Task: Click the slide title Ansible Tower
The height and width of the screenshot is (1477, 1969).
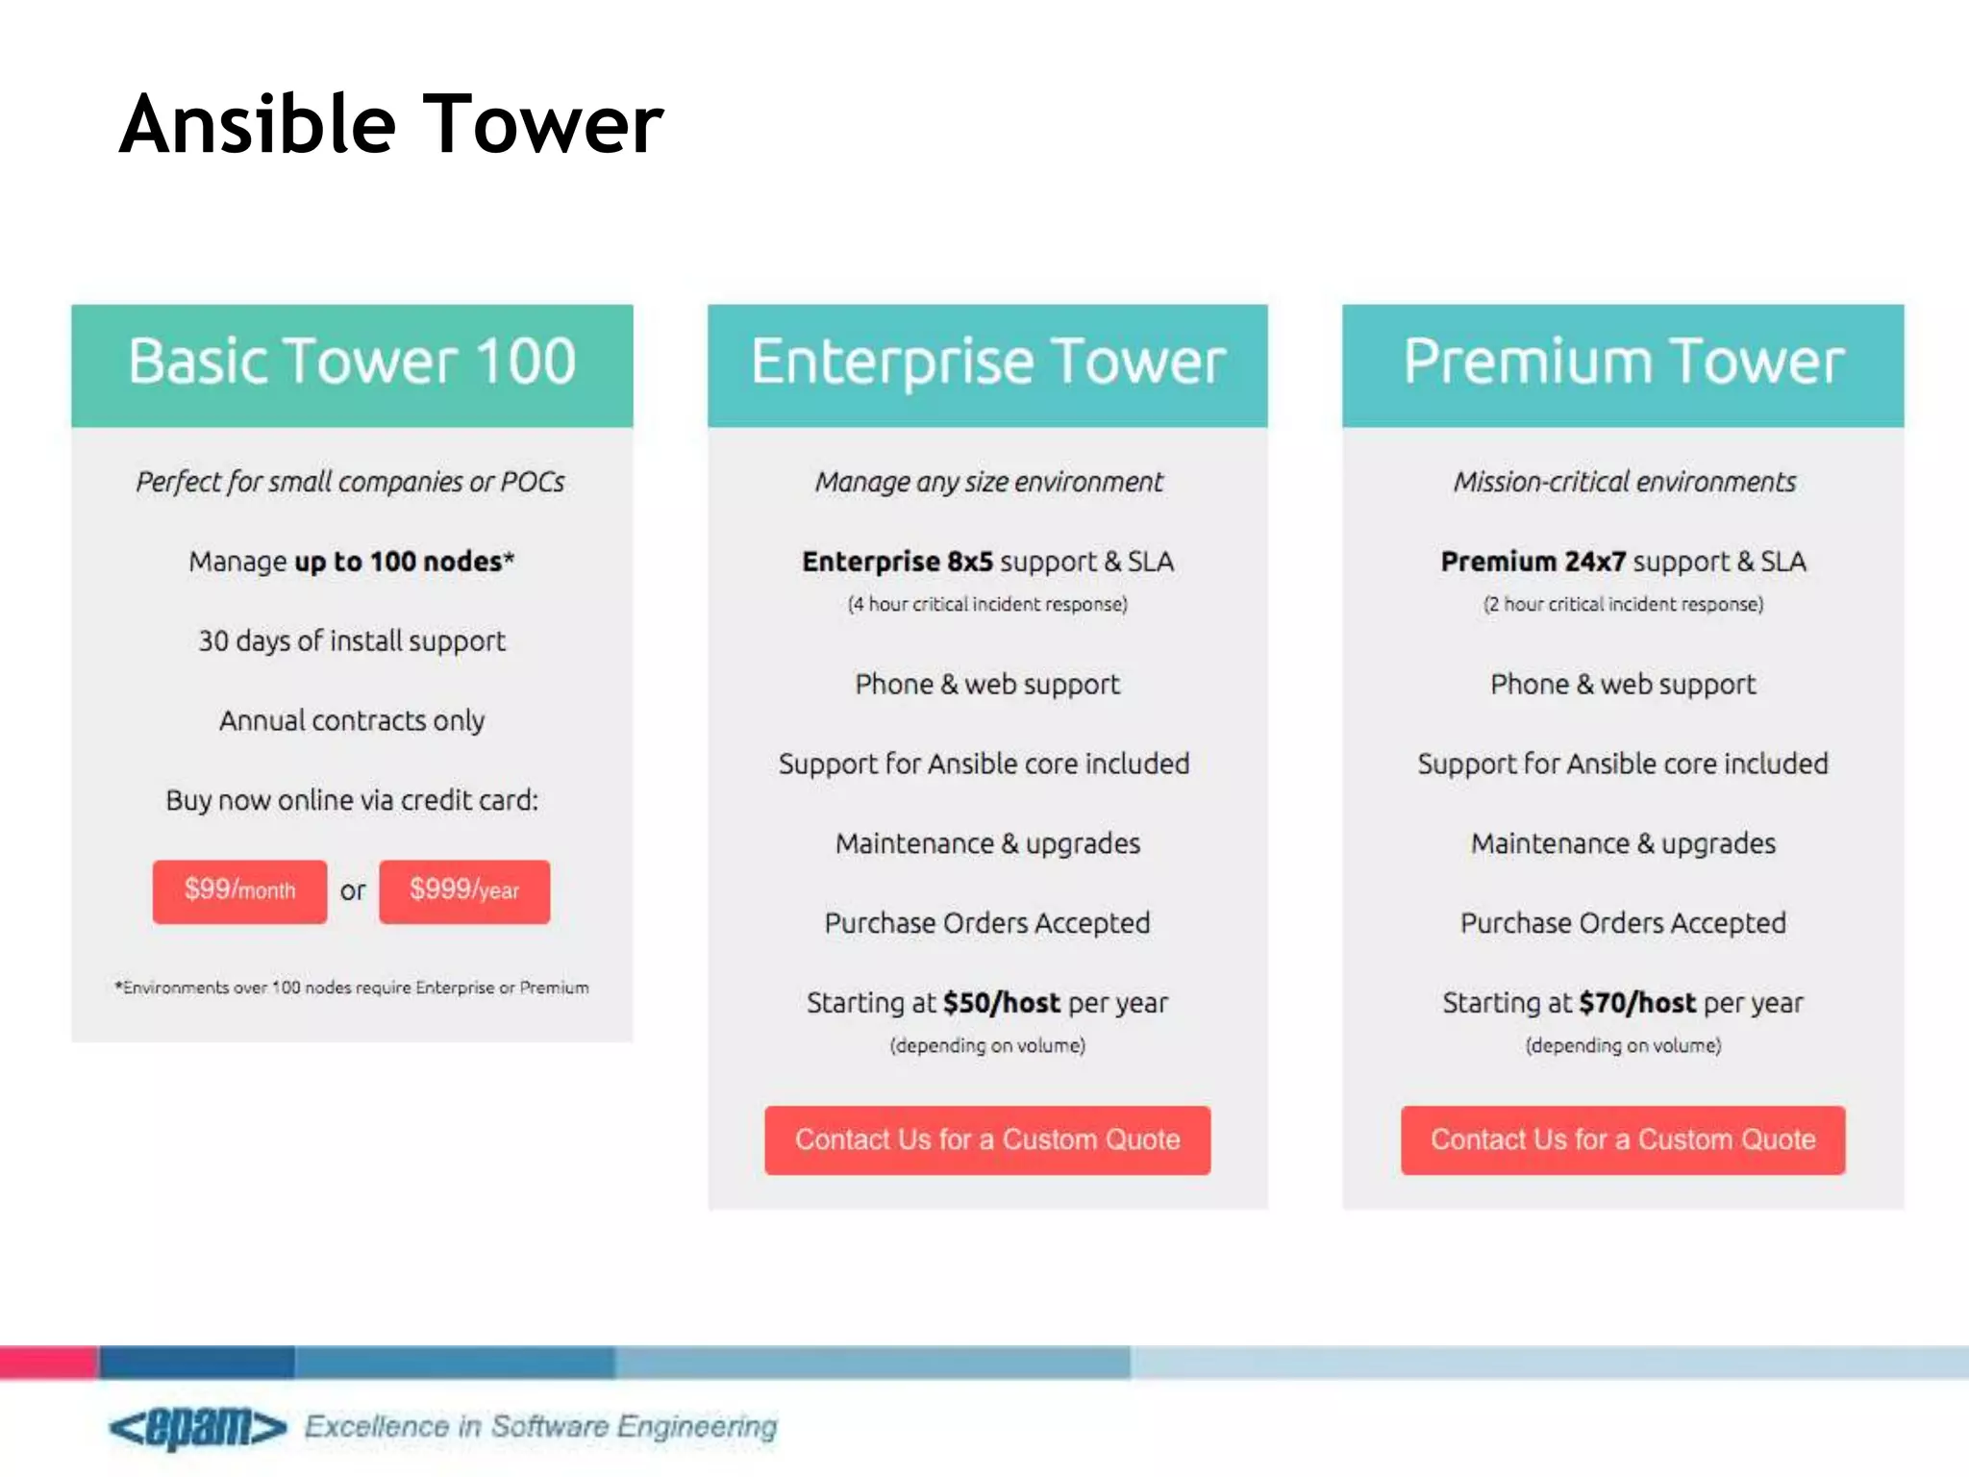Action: (391, 124)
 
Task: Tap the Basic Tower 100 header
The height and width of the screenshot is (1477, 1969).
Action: (352, 362)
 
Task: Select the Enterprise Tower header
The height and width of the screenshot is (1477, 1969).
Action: (987, 362)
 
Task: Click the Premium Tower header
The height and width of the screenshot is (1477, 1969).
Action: (1623, 362)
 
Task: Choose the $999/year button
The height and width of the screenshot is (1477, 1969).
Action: (464, 890)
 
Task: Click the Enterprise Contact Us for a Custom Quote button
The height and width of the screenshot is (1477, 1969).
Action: (987, 1139)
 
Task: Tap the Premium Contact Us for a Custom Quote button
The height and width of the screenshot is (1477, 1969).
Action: (1623, 1139)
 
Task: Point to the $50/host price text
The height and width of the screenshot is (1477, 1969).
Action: (1001, 1003)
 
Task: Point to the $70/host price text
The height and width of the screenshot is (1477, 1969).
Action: (1637, 1003)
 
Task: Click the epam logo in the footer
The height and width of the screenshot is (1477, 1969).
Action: (198, 1426)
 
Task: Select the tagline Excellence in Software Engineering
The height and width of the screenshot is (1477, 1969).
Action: (540, 1426)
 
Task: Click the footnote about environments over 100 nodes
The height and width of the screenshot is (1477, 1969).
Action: (352, 988)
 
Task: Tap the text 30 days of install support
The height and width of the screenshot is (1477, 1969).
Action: (352, 640)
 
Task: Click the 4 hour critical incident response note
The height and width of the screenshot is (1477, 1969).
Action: (987, 604)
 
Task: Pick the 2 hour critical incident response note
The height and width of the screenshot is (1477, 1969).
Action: (1623, 604)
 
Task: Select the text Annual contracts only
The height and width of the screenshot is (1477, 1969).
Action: (352, 720)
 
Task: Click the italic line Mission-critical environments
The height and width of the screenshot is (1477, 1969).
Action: (1624, 482)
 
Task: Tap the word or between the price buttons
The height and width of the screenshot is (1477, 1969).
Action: (353, 891)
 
